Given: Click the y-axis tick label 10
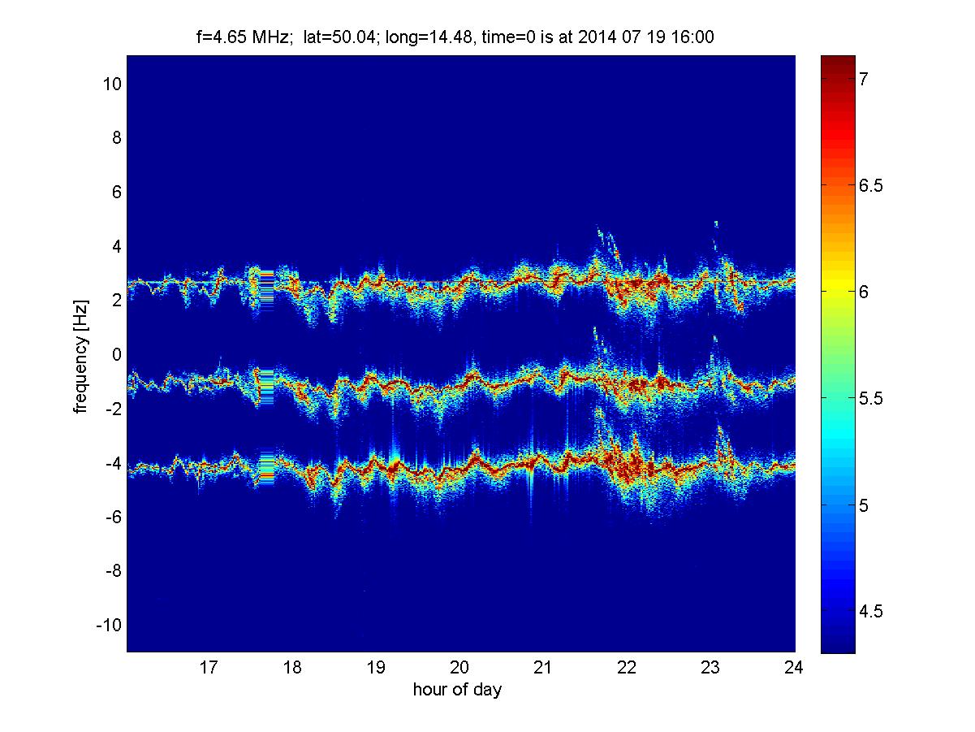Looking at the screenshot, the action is (x=112, y=84).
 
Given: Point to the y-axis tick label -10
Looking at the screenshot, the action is (x=109, y=625).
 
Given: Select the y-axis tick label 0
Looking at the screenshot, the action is (x=116, y=354).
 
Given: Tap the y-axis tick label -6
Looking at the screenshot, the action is (x=114, y=517).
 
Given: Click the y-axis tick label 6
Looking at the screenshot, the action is (x=116, y=192).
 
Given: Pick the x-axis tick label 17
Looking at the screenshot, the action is (x=209, y=667).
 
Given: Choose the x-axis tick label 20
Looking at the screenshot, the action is (x=459, y=667).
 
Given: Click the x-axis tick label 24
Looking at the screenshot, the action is (x=794, y=667).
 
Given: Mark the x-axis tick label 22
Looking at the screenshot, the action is (x=627, y=667).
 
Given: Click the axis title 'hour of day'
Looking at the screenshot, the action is (x=458, y=689).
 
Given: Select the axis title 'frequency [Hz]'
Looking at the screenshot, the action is (x=81, y=357).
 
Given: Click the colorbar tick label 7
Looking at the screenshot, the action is (x=864, y=79).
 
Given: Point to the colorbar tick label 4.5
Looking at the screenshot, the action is (x=870, y=612).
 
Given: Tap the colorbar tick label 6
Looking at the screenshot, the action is (x=864, y=292).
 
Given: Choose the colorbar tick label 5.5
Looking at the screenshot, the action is (x=870, y=399).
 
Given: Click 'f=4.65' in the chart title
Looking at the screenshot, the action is (x=221, y=37).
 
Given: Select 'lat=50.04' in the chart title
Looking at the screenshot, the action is (x=340, y=37).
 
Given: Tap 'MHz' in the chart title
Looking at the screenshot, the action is (x=272, y=37).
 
